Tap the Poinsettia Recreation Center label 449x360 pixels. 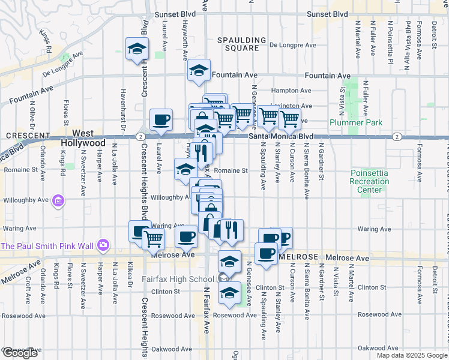tap(369, 181)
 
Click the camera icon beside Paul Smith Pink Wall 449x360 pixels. tap(103, 245)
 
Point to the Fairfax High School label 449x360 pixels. tap(177, 279)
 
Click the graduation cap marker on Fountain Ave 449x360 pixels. tap(199, 71)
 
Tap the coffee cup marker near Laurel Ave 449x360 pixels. tap(161, 120)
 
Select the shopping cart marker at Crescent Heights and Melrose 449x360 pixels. tap(154, 238)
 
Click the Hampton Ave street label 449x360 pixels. tap(291, 91)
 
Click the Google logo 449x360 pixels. tap(20, 353)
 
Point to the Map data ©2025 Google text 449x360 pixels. tap(412, 355)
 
